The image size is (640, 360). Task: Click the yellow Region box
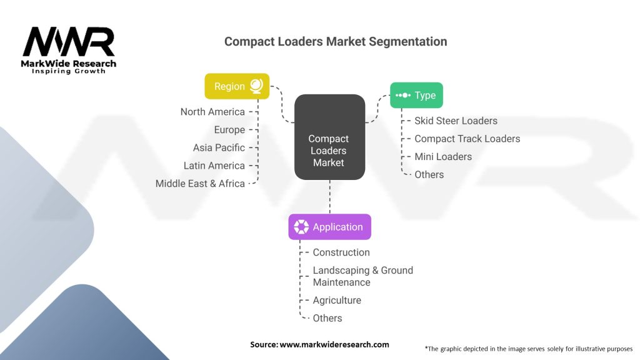[237, 86]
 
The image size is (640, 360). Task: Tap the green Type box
[416, 95]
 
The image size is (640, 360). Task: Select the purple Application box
[330, 227]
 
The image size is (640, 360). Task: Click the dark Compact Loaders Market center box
[330, 137]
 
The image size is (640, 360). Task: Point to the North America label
[212, 112]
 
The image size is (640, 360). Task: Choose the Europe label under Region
[230, 130]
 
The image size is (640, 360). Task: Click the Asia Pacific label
[219, 147]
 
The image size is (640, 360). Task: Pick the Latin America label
[214, 166]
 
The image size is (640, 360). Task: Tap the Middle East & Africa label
[200, 184]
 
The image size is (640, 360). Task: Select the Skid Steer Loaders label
[456, 121]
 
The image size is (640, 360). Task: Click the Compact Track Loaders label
[467, 139]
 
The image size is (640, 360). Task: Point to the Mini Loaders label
[443, 157]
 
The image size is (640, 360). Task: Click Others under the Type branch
[429, 175]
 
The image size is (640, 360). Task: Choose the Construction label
[341, 252]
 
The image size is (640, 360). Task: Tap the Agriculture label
[337, 301]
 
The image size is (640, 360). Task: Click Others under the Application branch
[327, 318]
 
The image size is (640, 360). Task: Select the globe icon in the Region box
[256, 86]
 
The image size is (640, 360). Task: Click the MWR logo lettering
[69, 42]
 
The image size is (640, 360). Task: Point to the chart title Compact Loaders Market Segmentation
[336, 42]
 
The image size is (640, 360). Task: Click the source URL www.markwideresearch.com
[334, 344]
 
